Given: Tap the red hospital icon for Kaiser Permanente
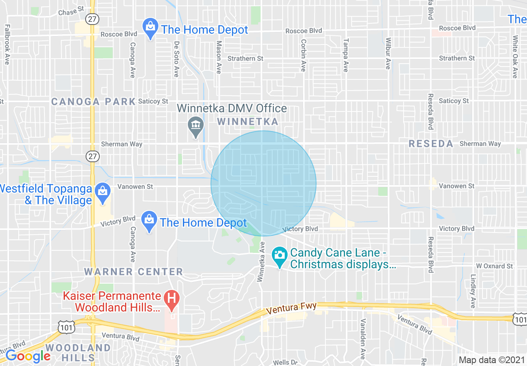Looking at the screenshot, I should point(170,298).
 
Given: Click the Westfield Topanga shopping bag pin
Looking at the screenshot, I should point(102,192).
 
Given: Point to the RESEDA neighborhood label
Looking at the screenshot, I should point(431,144).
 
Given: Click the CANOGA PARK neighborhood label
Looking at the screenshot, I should point(94,101).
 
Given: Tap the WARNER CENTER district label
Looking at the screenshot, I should point(133,272).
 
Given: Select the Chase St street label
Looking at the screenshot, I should point(71,12).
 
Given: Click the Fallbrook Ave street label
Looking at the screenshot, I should point(7,44).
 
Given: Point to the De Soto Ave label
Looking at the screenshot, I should point(176,59).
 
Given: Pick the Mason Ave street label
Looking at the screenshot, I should point(219,57).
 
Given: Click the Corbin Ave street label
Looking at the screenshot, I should point(303,55).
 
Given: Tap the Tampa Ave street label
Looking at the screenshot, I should point(345,55).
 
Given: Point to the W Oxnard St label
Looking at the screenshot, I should point(495,266).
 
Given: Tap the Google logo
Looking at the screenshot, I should point(28,356).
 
